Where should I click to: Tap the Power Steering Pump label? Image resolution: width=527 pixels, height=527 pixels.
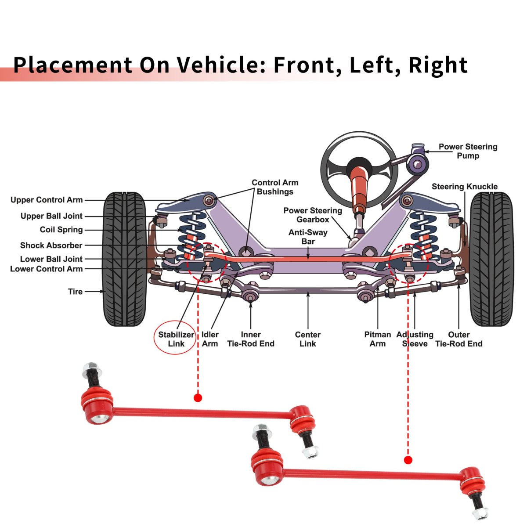click(x=468, y=151)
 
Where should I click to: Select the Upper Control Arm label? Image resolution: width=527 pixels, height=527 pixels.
click(x=47, y=200)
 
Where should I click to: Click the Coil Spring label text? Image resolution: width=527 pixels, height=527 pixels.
click(x=61, y=230)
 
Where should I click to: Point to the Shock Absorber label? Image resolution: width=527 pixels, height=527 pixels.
click(x=51, y=245)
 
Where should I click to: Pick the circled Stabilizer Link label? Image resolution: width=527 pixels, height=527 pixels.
click(x=176, y=339)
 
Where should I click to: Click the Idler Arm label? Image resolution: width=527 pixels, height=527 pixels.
click(x=210, y=339)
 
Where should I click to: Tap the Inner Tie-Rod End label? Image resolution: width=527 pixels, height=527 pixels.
click(x=250, y=339)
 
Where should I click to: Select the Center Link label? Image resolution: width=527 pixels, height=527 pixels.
click(x=307, y=339)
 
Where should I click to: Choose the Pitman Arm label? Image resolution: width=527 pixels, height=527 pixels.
click(x=377, y=339)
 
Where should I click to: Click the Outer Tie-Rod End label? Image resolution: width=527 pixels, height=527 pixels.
click(x=458, y=339)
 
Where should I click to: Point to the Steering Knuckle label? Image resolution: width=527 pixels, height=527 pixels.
click(x=464, y=187)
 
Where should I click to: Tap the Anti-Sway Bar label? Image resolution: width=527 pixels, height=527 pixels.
click(x=308, y=237)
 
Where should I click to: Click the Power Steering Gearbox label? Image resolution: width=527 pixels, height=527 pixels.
click(x=313, y=215)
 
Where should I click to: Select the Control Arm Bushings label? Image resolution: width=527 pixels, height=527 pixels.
click(x=275, y=187)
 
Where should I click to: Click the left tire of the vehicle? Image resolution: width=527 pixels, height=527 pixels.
click(x=124, y=259)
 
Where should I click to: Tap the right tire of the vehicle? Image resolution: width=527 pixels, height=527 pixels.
click(x=491, y=259)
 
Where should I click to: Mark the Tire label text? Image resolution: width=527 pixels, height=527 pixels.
click(x=75, y=292)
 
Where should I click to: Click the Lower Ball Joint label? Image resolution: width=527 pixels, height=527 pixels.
click(x=51, y=259)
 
